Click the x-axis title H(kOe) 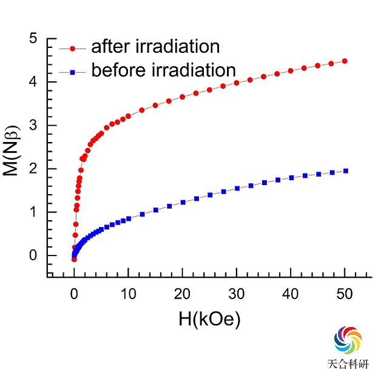coord(209,318)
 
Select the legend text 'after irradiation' coord(155,46)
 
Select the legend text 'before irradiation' coord(163,70)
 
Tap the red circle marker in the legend coord(73,47)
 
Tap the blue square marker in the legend coord(73,72)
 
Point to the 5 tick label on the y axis coord(33,39)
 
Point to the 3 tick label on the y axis coord(33,126)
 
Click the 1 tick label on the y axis coord(33,212)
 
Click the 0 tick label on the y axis coord(33,255)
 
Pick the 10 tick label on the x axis coord(128,294)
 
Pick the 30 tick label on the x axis coord(237,294)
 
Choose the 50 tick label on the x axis coord(345,294)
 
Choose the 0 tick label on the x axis coord(74,294)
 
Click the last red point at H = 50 coord(345,61)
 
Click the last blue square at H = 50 coord(345,171)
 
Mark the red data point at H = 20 coord(182,97)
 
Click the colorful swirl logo coord(348,340)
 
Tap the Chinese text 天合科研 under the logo coord(348,364)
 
